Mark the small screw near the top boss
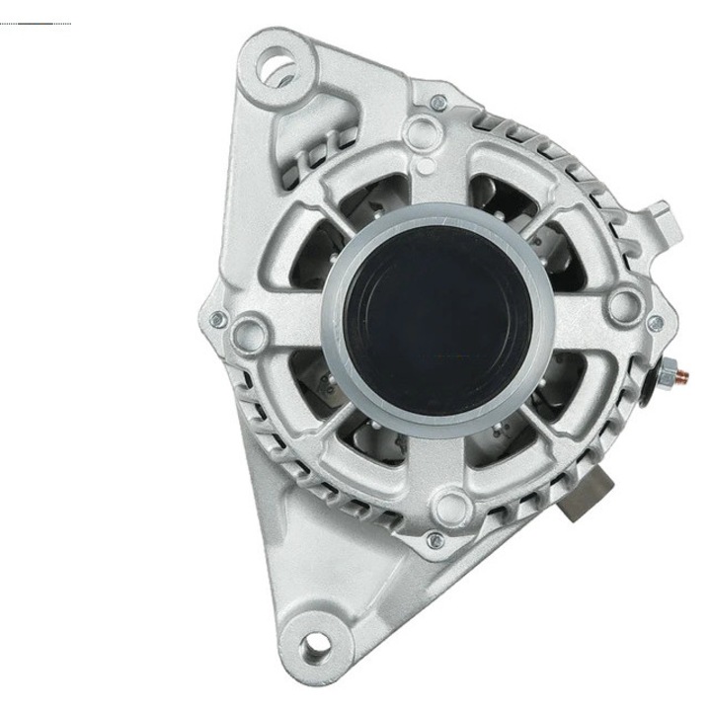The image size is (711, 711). coord(438,103)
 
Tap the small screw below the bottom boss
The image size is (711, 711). coord(435,539)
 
